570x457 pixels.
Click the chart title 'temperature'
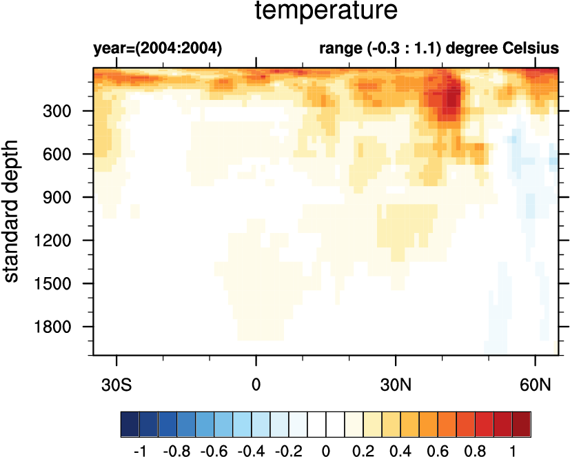tap(326, 11)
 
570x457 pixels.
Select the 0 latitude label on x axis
tap(256, 383)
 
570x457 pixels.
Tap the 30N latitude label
tap(396, 383)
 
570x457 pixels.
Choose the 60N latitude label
tap(536, 383)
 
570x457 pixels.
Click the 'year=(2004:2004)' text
tap(158, 49)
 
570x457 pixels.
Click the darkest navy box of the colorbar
tap(130, 420)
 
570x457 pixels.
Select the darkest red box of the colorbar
tap(522, 420)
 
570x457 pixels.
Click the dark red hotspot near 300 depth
tap(451, 97)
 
